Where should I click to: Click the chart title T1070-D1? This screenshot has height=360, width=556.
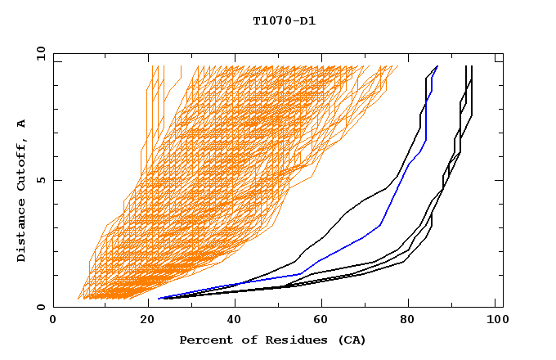click(285, 21)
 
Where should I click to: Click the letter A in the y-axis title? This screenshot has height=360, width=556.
click(22, 123)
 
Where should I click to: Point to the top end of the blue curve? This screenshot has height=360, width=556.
click(437, 66)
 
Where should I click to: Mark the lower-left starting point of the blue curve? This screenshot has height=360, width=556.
click(159, 298)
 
